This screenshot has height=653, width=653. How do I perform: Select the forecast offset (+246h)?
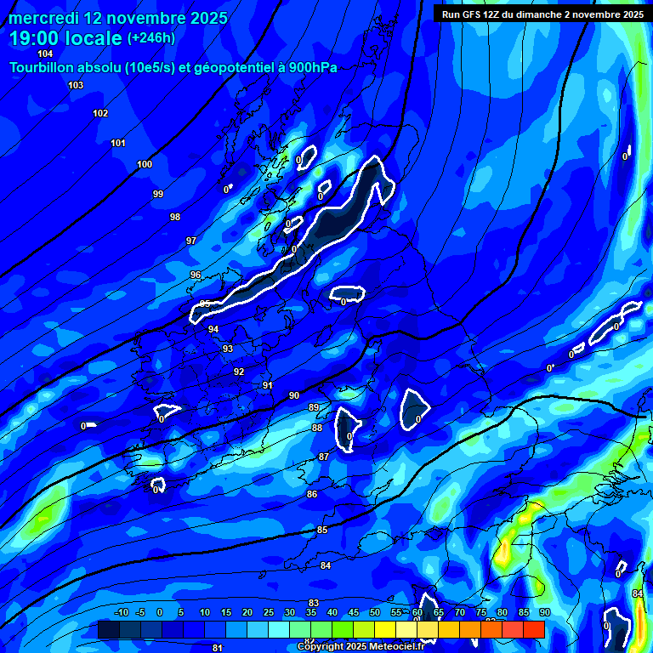point(151,38)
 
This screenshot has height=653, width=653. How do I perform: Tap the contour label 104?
point(45,54)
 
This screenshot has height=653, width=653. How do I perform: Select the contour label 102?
point(100,113)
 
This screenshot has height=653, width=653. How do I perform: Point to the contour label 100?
point(145,164)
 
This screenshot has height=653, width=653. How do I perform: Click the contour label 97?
point(191,241)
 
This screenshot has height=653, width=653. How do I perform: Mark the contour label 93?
point(228,349)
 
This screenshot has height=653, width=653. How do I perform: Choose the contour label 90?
point(294,395)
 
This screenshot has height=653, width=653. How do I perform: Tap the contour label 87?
point(323,457)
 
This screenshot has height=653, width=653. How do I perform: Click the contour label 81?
point(218,648)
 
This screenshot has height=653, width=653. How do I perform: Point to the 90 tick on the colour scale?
point(544,612)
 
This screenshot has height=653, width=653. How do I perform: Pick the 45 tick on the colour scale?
point(353,612)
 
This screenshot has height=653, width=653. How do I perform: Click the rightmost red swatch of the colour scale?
point(533,629)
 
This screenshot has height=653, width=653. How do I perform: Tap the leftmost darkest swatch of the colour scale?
point(109,629)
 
